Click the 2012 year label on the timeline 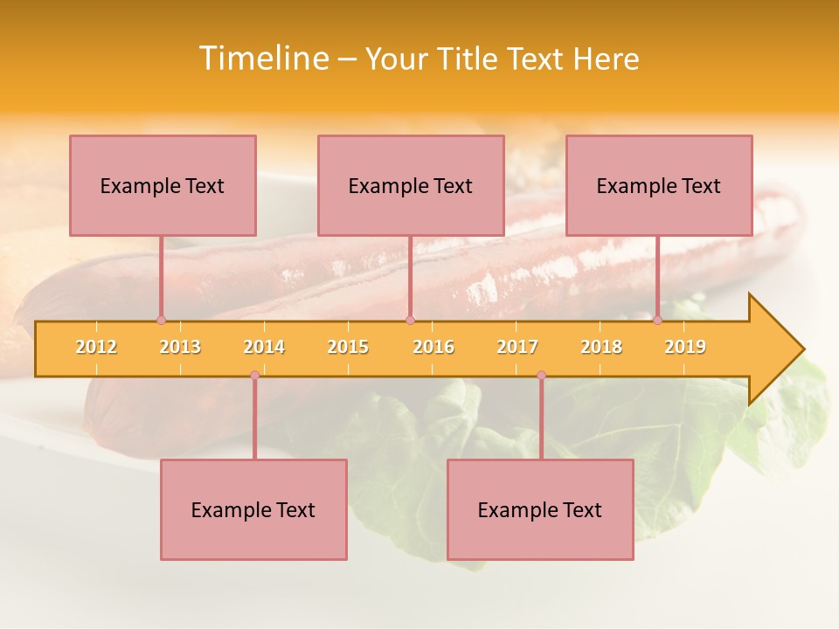(96, 347)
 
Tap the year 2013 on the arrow (180, 347)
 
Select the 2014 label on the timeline (264, 347)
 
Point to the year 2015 (348, 347)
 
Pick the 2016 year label (433, 347)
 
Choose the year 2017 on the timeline (517, 347)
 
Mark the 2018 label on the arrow (601, 347)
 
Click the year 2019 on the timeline (685, 347)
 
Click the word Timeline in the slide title (262, 59)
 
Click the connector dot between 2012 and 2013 (161, 320)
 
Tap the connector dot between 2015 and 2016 (410, 320)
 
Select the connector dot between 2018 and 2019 (658, 320)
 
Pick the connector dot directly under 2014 (254, 375)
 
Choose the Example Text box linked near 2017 (540, 509)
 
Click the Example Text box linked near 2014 (253, 509)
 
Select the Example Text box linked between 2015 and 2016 (411, 185)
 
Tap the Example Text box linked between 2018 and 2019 (659, 185)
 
